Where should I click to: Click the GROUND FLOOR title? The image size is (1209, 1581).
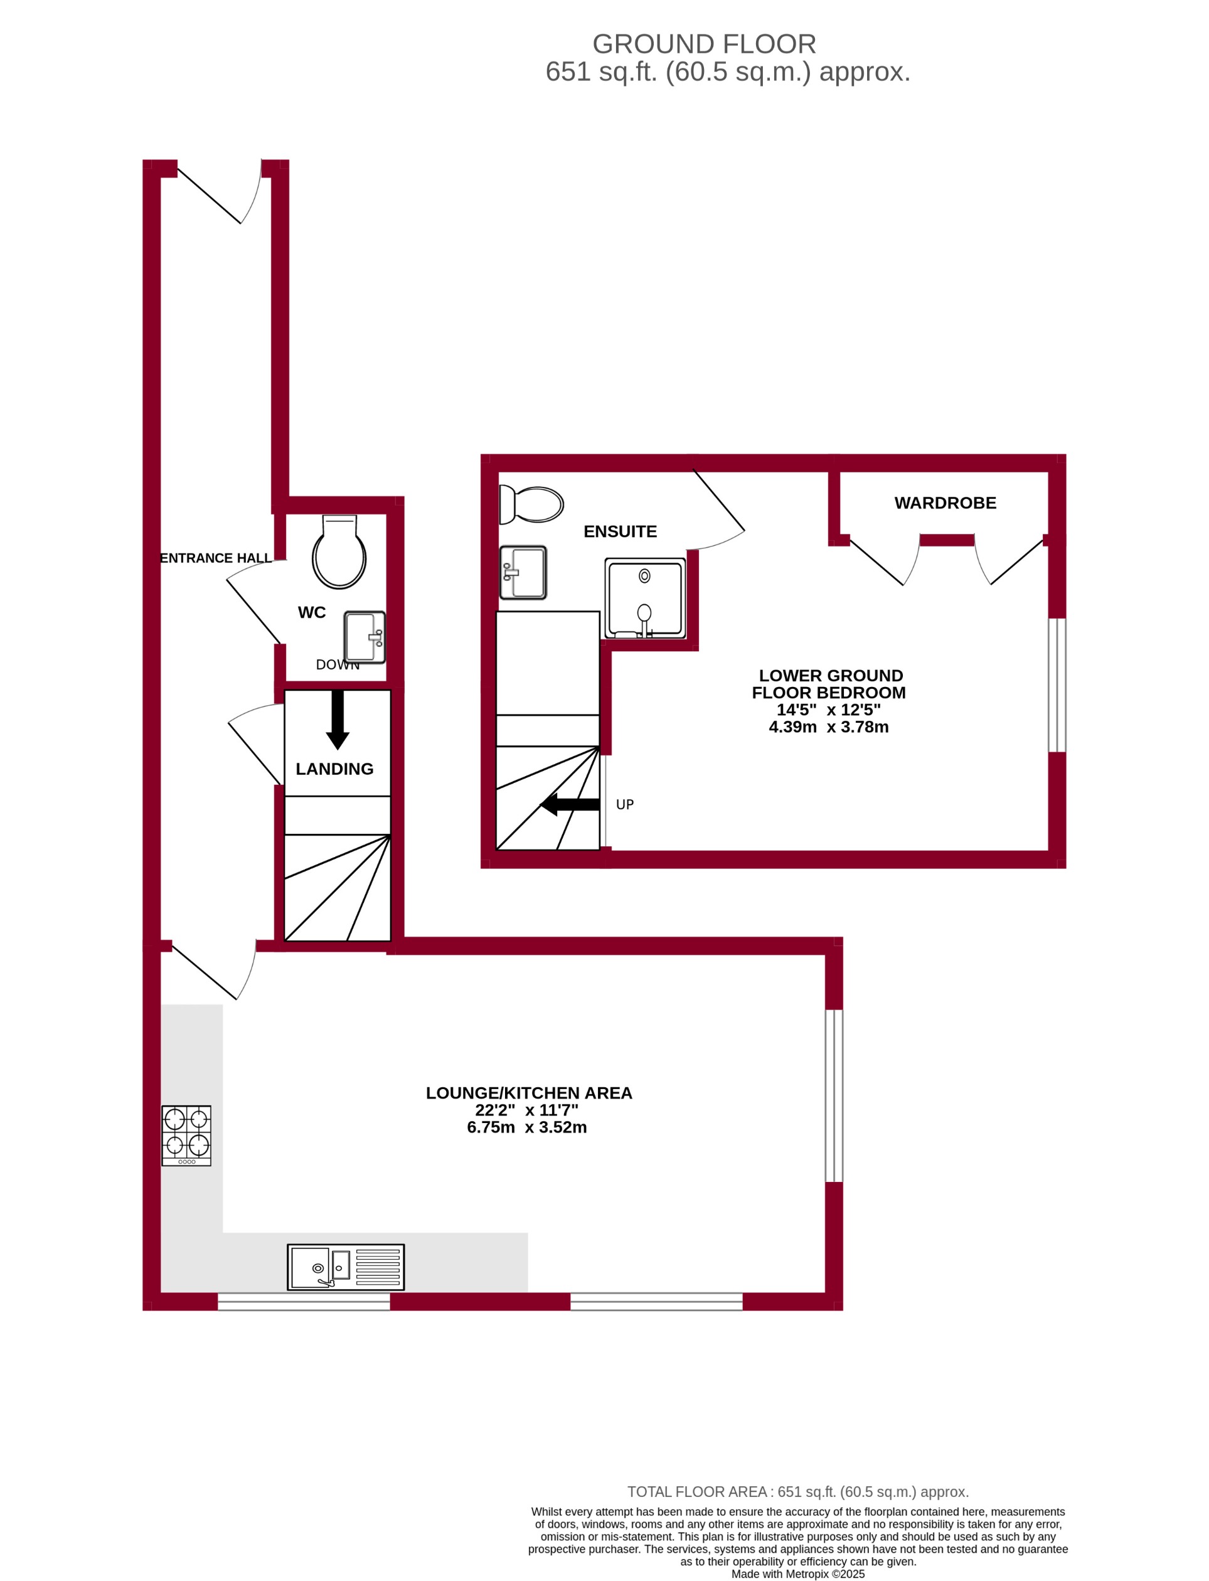tap(704, 45)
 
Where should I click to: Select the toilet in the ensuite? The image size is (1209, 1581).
tap(533, 504)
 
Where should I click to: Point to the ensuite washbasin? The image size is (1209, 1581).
tap(523, 573)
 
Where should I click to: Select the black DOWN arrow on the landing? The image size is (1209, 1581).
tap(338, 720)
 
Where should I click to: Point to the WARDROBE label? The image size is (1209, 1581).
tap(945, 503)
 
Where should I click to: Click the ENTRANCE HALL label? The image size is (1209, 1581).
tap(215, 558)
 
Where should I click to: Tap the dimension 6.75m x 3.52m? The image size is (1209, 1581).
tap(527, 1127)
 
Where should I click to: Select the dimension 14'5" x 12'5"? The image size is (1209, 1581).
tap(828, 710)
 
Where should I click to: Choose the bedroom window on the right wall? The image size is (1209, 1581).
tap(1057, 685)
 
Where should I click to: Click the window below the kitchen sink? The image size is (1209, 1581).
tap(304, 1301)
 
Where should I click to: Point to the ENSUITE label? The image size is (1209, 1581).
tap(620, 532)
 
